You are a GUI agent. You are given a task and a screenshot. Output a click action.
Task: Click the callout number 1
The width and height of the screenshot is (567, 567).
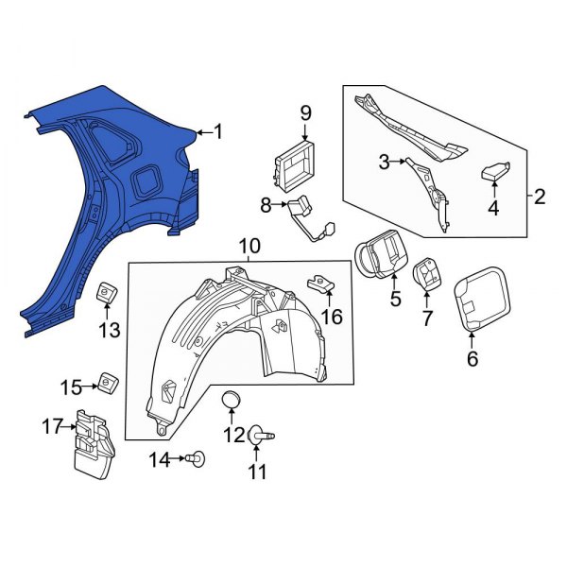click(x=218, y=132)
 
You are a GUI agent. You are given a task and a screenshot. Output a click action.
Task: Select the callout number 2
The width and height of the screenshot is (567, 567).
click(x=540, y=197)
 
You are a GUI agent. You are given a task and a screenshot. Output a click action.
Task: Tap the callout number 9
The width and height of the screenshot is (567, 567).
click(x=305, y=113)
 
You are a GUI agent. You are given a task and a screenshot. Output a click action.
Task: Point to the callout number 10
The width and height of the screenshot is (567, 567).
click(x=249, y=248)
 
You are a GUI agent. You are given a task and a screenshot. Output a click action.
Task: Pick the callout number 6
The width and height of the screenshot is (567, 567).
click(x=472, y=358)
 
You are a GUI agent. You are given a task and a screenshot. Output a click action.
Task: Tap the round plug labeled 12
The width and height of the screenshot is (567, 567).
click(x=232, y=402)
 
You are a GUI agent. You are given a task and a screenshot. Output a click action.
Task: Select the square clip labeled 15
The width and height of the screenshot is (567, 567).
click(x=108, y=383)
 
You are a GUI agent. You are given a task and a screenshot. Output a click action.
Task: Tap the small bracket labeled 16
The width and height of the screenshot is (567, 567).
click(x=320, y=282)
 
